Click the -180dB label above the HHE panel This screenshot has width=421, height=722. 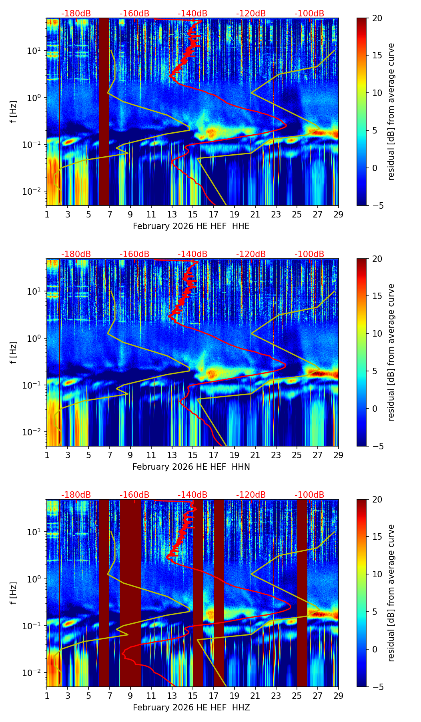76,14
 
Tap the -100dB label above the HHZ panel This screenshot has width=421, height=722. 309,495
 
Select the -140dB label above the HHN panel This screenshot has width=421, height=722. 192,254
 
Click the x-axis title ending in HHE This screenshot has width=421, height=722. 191,226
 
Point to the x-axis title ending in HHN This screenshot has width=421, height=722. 191,467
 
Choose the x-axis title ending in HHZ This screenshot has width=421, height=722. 191,708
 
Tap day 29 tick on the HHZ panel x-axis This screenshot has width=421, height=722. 339,696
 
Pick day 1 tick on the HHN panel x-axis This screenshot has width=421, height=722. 47,455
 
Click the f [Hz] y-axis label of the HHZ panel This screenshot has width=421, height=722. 14,593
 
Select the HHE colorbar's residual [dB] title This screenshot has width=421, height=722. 391,112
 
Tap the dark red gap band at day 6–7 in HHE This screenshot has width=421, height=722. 104,112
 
